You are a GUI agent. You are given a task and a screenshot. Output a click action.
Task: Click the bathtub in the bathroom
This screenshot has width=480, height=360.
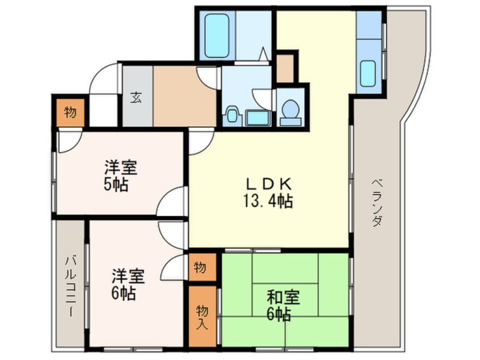click(216, 35)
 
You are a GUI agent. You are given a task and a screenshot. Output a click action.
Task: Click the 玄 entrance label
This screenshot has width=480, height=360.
click(137, 97)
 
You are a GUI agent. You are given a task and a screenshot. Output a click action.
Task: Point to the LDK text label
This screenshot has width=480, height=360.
click(268, 184)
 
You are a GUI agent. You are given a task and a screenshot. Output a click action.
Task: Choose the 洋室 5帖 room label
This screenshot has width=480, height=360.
click(120, 176)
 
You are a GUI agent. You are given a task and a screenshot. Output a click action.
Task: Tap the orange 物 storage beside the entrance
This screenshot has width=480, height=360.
click(69, 112)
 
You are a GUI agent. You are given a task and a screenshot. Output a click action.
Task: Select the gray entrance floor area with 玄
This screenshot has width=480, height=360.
click(137, 97)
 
